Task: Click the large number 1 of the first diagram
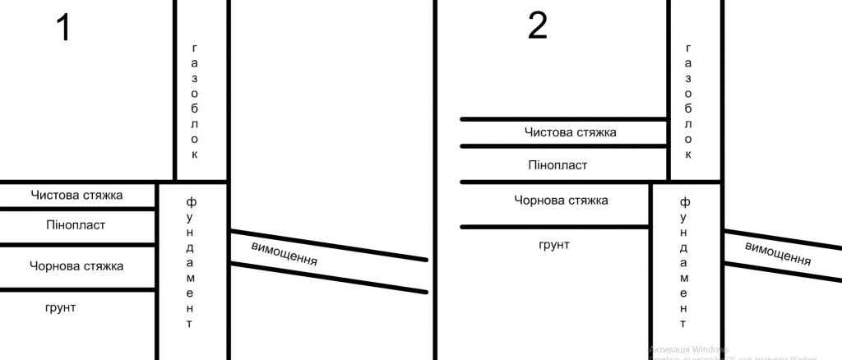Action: tap(63, 28)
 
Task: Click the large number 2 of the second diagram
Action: tap(537, 26)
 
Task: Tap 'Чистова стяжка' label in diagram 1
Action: tap(76, 196)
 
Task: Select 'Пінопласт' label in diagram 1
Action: tap(76, 225)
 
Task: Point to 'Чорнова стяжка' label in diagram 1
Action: tap(76, 266)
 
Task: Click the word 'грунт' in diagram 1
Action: tap(60, 307)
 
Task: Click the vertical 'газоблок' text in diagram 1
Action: tap(195, 100)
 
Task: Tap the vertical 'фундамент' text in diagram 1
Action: tap(190, 262)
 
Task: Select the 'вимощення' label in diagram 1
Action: tap(284, 255)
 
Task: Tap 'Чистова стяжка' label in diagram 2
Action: tap(570, 132)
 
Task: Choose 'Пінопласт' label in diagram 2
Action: tap(557, 165)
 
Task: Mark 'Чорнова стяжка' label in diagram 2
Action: tap(561, 200)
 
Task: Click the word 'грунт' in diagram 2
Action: tap(553, 244)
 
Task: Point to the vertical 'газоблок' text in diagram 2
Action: tap(688, 100)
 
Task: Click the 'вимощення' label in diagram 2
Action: tap(778, 253)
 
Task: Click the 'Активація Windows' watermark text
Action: tap(682, 348)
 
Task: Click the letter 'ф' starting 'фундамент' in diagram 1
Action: tap(191, 201)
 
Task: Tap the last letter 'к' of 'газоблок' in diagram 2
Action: tap(688, 154)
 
